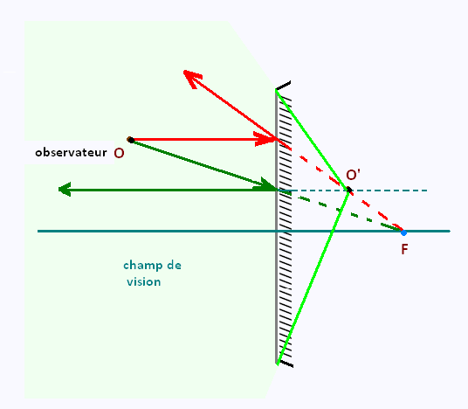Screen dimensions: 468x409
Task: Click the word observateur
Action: click(x=71, y=152)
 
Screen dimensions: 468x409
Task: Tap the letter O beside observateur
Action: click(x=119, y=153)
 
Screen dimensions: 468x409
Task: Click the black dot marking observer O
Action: click(x=130, y=140)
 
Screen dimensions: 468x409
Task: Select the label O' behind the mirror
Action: click(x=353, y=175)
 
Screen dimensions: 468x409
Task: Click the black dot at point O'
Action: click(x=349, y=190)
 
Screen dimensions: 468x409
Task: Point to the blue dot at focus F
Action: click(x=403, y=232)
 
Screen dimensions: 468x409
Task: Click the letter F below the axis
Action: click(x=404, y=249)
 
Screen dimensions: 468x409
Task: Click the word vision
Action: click(x=144, y=281)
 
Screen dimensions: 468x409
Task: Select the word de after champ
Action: click(x=174, y=265)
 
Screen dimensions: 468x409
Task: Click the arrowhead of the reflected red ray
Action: click(x=191, y=78)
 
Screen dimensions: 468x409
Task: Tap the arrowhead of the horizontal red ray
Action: click(x=265, y=139)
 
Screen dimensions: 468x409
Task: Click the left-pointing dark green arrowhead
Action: click(x=65, y=190)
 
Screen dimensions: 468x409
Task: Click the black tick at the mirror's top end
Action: click(x=283, y=85)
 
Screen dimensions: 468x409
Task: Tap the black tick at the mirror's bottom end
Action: click(x=286, y=364)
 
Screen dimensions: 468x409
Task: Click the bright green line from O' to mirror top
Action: click(x=313, y=140)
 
